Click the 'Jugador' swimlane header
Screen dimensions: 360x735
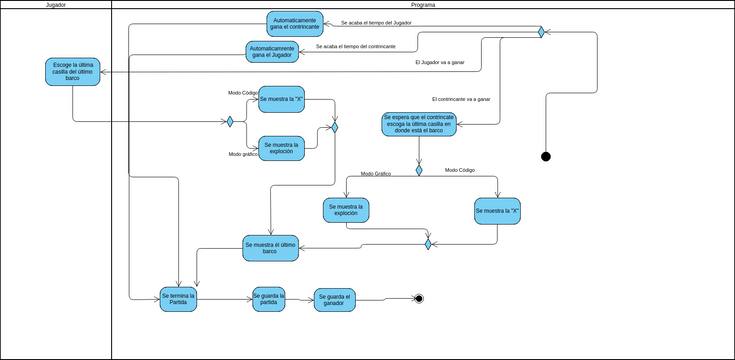pos(56,5)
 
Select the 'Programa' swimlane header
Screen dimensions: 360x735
pos(423,5)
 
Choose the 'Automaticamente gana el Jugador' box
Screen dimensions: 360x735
pos(273,51)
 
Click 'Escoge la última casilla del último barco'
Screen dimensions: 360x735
pos(72,72)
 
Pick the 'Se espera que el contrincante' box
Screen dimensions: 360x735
pos(419,124)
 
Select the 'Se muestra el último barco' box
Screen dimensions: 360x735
pos(270,248)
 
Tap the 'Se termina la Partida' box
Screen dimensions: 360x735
pos(178,298)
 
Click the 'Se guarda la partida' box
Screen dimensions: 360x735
pos(268,298)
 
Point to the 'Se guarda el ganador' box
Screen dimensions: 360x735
pos(334,299)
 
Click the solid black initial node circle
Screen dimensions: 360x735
pos(545,156)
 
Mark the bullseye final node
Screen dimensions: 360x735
pos(419,298)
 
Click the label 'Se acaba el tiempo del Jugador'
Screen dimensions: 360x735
pos(375,22)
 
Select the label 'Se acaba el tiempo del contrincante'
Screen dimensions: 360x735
pos(355,47)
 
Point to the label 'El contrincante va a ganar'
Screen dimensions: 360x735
pos(461,99)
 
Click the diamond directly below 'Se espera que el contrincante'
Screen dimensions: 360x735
pos(419,170)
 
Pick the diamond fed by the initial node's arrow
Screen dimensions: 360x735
pos(541,32)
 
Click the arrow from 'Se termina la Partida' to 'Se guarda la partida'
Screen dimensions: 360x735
pos(225,298)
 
